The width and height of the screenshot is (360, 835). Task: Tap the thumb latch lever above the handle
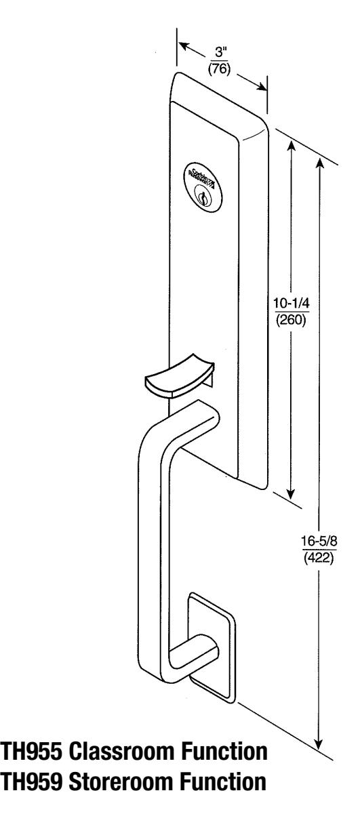click(x=178, y=372)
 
